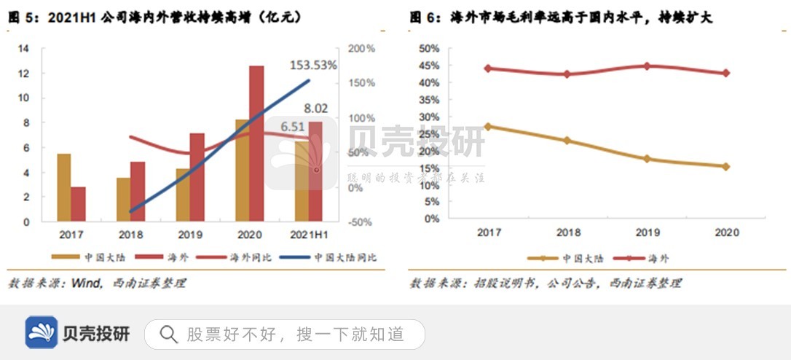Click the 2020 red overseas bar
(256, 143)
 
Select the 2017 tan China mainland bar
(63, 187)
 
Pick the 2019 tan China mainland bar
(183, 195)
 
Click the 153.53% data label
(313, 65)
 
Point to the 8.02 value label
(315, 109)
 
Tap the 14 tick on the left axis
(23, 49)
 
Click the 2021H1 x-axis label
(308, 235)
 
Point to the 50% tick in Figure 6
(429, 49)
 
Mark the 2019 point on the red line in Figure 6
(646, 66)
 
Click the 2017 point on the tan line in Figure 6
(487, 126)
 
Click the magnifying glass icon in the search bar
(168, 334)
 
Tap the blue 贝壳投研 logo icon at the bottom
(41, 333)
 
